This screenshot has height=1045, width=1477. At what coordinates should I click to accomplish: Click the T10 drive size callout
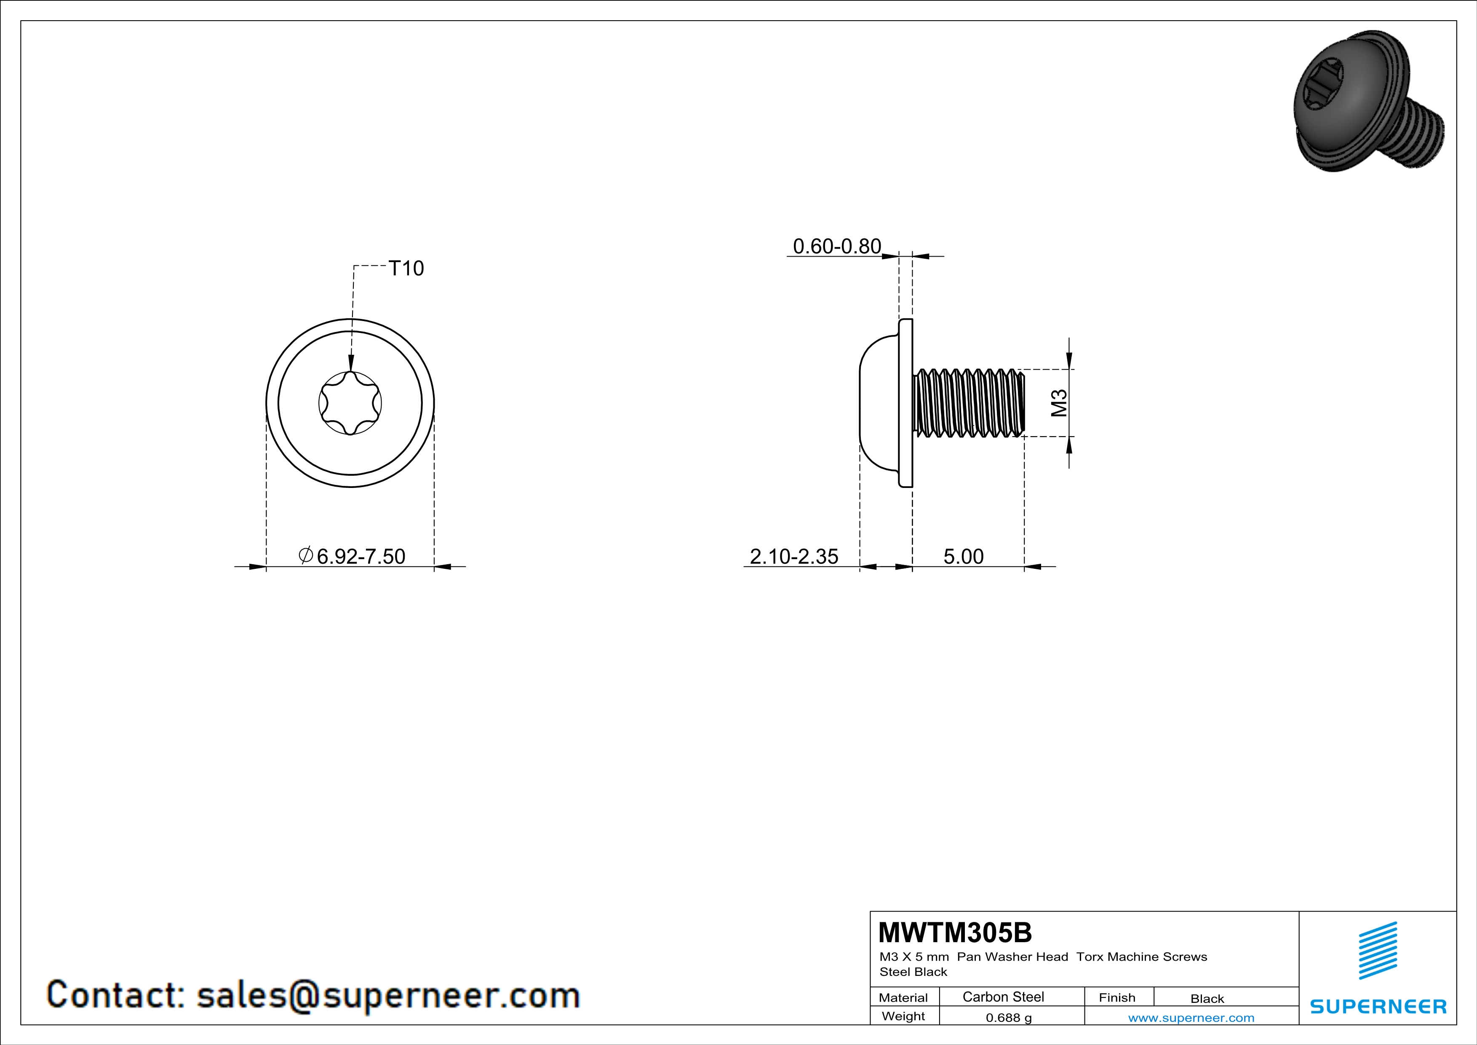pos(406,268)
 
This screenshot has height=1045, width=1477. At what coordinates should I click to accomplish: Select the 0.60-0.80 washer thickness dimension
pos(837,247)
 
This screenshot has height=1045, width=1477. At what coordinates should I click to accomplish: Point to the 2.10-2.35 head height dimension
pos(794,557)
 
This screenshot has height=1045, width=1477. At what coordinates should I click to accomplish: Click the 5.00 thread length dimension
pos(964,557)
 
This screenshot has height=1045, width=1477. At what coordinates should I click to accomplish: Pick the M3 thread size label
pos(1059,403)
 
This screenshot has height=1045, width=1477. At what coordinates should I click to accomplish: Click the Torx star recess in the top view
pos(350,403)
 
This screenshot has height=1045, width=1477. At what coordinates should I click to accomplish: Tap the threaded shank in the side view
pos(969,403)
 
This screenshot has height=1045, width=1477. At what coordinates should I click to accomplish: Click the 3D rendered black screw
pos(1369,102)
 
